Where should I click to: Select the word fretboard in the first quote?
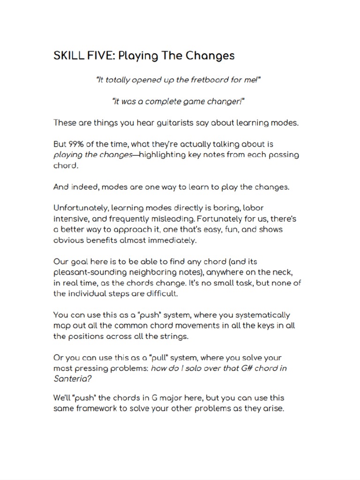pos(196,80)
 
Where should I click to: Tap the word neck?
pos(286,272)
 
